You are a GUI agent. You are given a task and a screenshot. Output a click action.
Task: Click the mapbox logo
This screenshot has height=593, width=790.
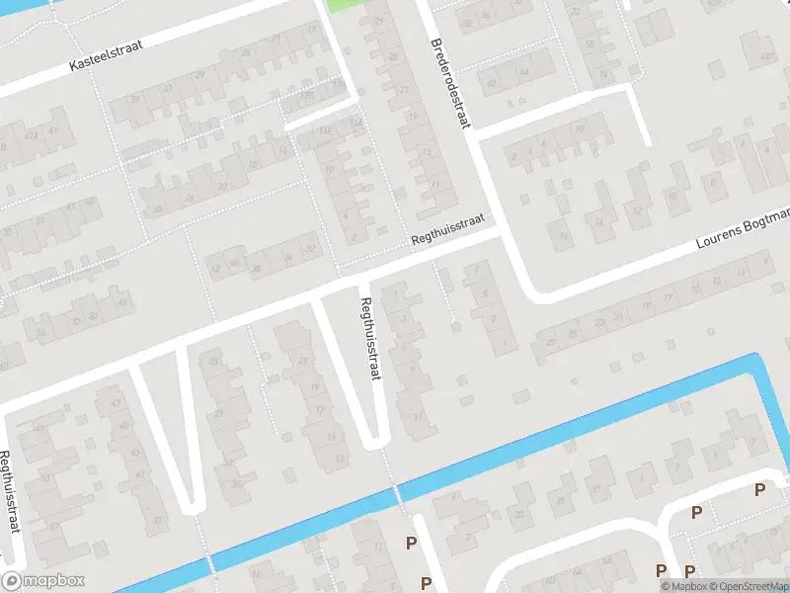[43, 581]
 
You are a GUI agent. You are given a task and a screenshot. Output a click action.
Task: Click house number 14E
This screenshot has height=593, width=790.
[327, 130]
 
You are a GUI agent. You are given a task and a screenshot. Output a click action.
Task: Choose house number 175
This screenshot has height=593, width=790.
[308, 97]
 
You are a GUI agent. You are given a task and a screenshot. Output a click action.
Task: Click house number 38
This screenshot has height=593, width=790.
[255, 267]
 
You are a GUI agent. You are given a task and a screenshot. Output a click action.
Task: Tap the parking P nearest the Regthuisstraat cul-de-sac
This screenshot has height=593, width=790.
[411, 542]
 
